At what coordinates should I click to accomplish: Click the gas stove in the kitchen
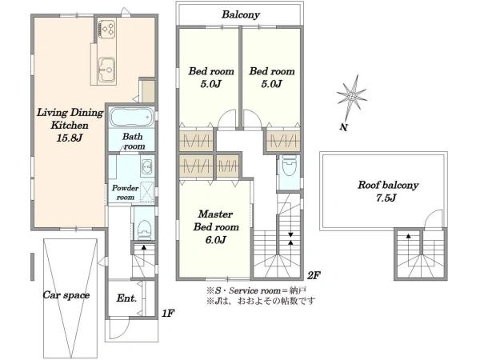[107, 29]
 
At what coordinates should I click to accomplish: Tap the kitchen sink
[106, 70]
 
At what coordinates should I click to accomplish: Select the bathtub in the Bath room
[132, 117]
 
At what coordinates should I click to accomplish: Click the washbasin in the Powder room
[147, 166]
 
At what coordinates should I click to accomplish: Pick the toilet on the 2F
[289, 166]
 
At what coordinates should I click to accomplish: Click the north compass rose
[351, 98]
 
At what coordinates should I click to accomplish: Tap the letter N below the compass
[343, 127]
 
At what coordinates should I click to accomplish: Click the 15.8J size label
[70, 138]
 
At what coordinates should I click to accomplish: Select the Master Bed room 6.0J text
[216, 227]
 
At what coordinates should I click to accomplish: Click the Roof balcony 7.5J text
[388, 191]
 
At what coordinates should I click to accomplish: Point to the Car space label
[66, 294]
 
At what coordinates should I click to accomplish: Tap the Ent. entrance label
[126, 298]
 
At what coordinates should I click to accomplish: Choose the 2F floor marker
[314, 275]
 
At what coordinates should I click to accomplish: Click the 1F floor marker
[168, 313]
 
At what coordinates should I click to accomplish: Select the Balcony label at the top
[241, 14]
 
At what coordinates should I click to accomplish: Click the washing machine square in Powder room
[147, 191]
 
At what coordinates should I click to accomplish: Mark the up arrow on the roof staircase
[408, 236]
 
